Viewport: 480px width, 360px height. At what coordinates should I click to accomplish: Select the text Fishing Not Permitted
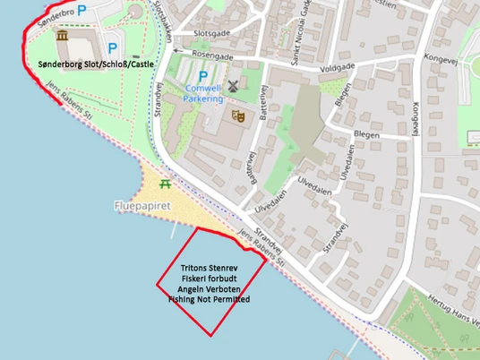(209, 299)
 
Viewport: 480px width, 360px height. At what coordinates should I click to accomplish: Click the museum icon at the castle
(62, 35)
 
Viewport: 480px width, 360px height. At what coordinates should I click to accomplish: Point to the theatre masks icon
(238, 116)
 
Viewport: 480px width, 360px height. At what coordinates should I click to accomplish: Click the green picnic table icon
(165, 184)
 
